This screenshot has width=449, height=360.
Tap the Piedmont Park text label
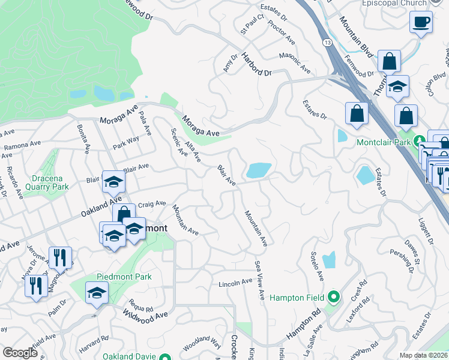coord(124,277)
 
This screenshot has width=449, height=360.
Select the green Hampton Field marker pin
coord(334,297)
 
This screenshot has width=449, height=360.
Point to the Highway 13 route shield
coord(326,43)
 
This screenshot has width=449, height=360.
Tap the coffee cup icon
coord(421,22)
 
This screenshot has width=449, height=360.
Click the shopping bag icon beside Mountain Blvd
coord(389,61)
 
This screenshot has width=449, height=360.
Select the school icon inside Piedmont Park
coord(96,294)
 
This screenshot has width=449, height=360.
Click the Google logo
coord(20,353)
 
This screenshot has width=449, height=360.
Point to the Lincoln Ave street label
coord(235,283)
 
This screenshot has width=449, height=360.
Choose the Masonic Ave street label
coord(295,64)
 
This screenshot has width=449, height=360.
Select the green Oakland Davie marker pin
coord(165,357)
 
